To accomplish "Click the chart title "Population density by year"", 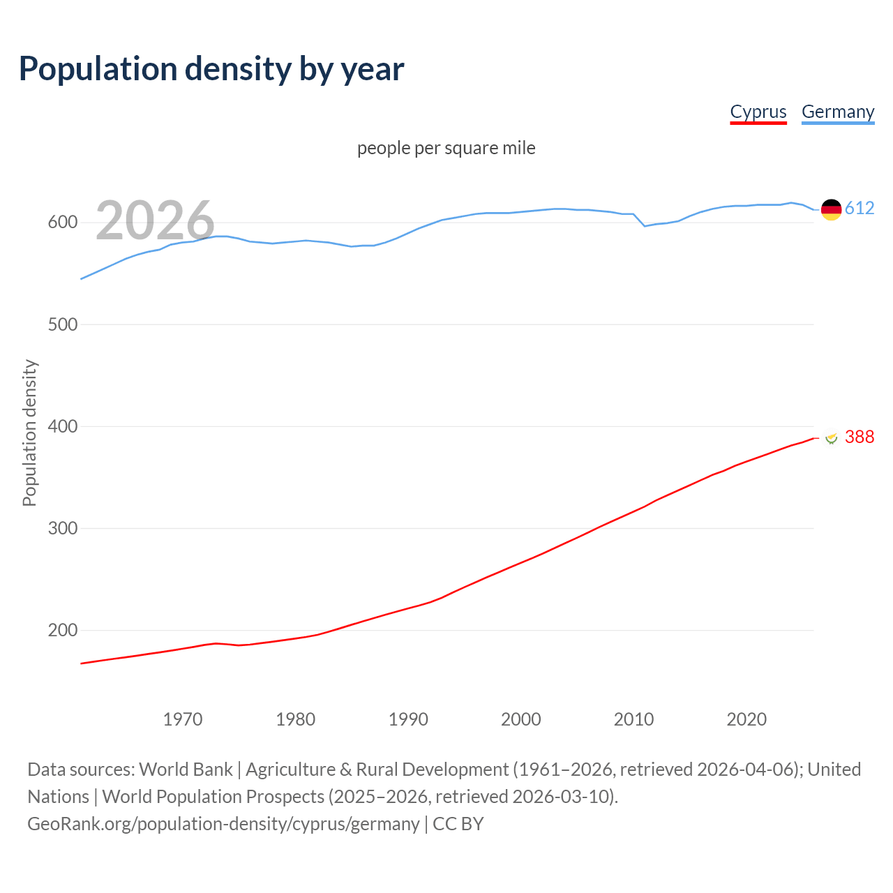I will pyautogui.click(x=211, y=69).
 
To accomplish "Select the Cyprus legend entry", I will pyautogui.click(x=758, y=112).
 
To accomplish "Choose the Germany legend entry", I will pyautogui.click(x=837, y=112).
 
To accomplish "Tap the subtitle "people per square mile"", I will pyautogui.click(x=446, y=148).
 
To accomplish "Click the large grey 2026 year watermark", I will pyautogui.click(x=155, y=220).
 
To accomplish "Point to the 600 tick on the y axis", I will pyautogui.click(x=62, y=223).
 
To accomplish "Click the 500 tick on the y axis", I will pyautogui.click(x=62, y=324).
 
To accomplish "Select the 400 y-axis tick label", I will pyautogui.click(x=62, y=426).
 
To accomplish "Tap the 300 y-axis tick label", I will pyautogui.click(x=62, y=528).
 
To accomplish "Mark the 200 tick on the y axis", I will pyautogui.click(x=62, y=630).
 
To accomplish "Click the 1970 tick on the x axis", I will pyautogui.click(x=183, y=719).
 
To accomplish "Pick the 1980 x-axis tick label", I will pyautogui.click(x=295, y=719).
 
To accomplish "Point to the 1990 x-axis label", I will pyautogui.click(x=408, y=719).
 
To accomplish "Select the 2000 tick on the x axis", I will pyautogui.click(x=521, y=719).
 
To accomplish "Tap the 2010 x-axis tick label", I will pyautogui.click(x=633, y=719).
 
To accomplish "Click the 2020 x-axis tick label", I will pyautogui.click(x=746, y=719).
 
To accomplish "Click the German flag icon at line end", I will pyautogui.click(x=831, y=209).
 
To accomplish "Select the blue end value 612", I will pyautogui.click(x=860, y=208).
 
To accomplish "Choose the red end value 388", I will pyautogui.click(x=860, y=437).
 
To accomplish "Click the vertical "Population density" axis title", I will pyautogui.click(x=29, y=433).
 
